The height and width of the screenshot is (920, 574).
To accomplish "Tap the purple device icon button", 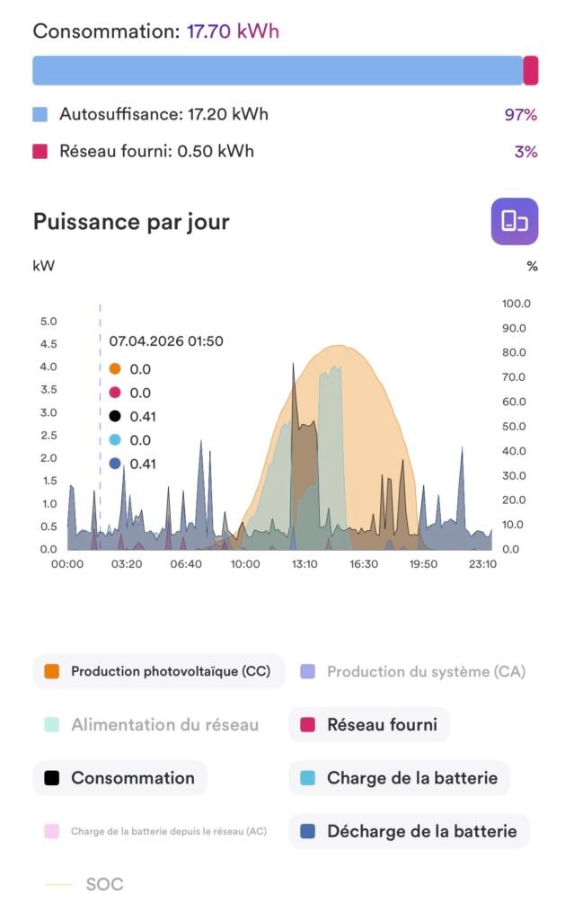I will pos(514,221).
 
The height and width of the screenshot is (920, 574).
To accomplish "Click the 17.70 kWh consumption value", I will pos(233,31).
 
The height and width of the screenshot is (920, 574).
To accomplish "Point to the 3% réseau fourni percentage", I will pos(525,152).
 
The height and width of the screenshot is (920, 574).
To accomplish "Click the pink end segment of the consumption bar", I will pos(531,70).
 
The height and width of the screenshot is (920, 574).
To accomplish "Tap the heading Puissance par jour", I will pos(131,221).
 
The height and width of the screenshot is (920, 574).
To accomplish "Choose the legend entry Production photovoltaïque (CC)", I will pos(158,671).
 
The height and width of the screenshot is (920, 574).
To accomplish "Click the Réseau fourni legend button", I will pos(369,724).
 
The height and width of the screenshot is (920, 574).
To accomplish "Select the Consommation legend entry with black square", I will pos(120,778).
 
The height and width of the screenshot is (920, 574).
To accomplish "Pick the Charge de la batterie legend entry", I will pos(399,778).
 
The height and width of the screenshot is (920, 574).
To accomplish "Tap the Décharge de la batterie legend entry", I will pos(409,831).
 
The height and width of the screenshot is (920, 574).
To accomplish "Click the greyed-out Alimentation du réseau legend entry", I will pos(152,724).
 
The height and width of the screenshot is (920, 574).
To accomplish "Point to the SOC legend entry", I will pos(86,884).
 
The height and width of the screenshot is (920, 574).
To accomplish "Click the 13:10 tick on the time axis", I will pos(305,564).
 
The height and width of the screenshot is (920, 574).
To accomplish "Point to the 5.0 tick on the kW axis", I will pos(49,322).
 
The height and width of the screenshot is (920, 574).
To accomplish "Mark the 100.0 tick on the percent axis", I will pos(516,304).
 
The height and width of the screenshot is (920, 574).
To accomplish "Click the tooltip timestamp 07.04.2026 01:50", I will pos(166,341).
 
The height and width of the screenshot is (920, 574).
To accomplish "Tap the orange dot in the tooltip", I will pos(114,369).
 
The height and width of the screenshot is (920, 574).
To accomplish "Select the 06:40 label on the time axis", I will pos(185,564).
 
